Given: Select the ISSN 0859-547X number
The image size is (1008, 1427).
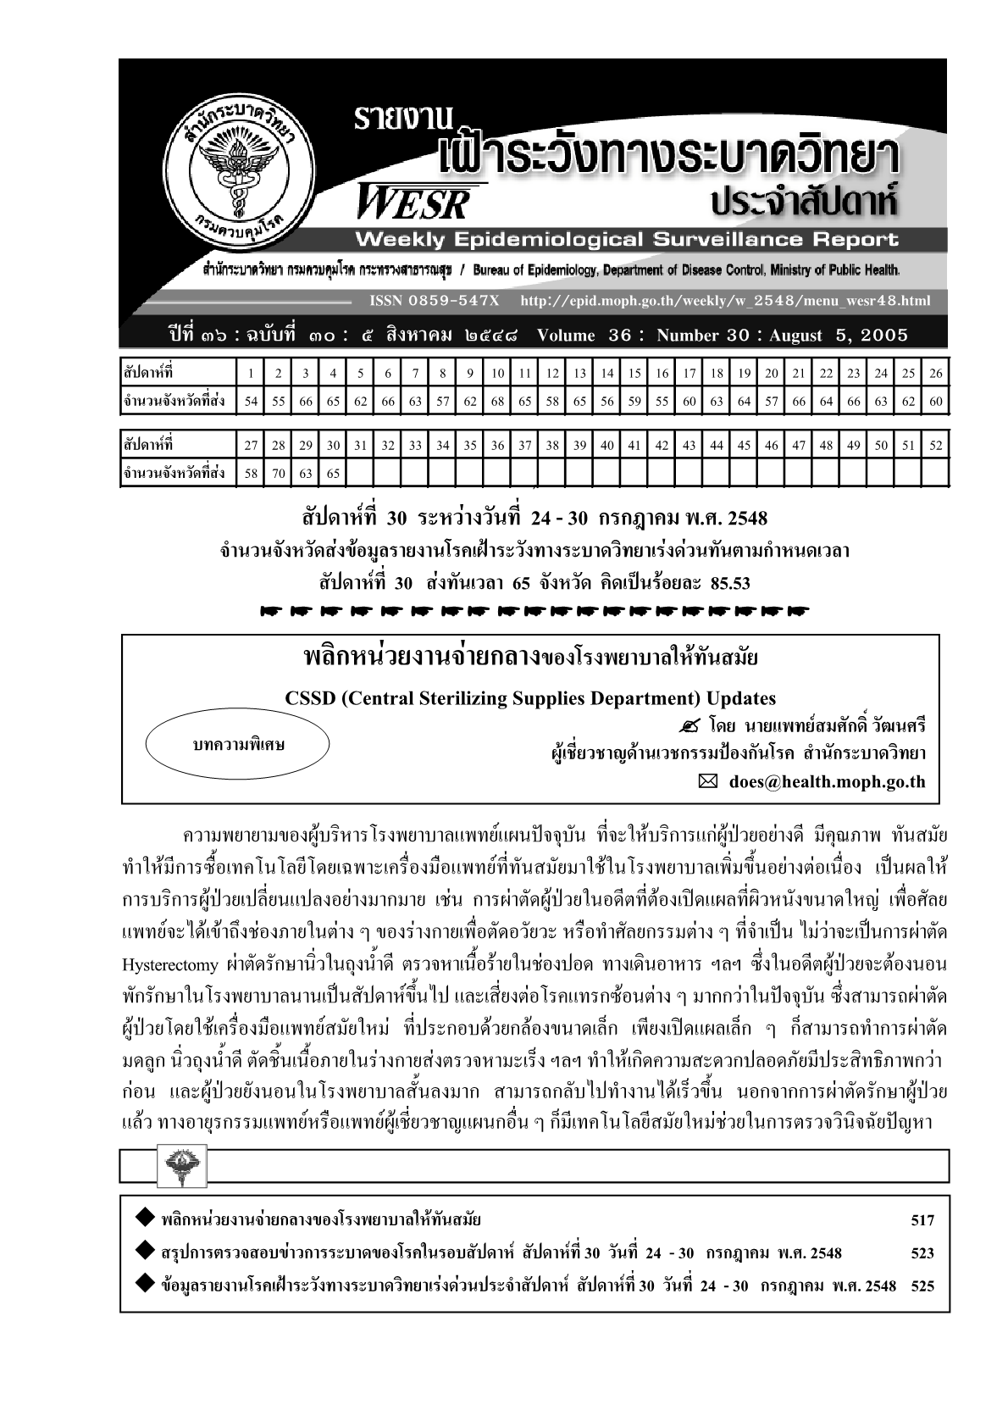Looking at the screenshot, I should [x=435, y=301].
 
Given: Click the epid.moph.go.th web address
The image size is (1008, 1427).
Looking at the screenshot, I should [x=724, y=301].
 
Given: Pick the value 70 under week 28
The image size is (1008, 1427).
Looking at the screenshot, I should [x=279, y=474].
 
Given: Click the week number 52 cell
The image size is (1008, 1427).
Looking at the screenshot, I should [x=935, y=446].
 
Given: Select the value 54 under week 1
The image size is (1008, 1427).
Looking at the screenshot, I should [x=251, y=402].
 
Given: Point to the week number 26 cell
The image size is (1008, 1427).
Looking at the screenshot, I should [x=935, y=374].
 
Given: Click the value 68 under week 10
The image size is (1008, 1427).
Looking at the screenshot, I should [x=497, y=402].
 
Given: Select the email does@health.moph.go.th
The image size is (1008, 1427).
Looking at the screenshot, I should [x=827, y=782].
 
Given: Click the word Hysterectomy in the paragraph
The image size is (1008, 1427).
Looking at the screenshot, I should [x=169, y=965].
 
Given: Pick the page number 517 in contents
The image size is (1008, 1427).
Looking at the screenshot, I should [x=922, y=1220].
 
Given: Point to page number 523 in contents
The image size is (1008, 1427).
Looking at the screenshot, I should [x=922, y=1253].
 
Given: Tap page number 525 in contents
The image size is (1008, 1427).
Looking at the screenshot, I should [x=922, y=1285].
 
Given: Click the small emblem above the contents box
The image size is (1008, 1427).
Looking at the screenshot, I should [x=180, y=1167].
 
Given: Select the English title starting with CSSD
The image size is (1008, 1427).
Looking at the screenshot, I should [x=530, y=699].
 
